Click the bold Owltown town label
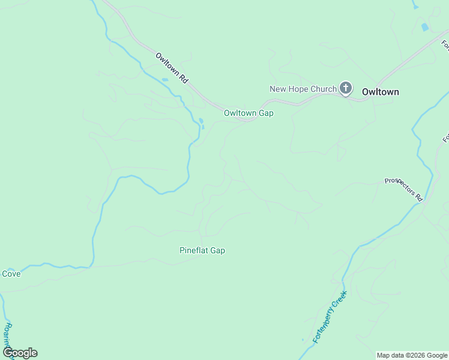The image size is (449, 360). (x=381, y=92)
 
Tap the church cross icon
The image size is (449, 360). (x=346, y=89)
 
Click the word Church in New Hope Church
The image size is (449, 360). (x=324, y=89)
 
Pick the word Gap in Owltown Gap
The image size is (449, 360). (x=267, y=113)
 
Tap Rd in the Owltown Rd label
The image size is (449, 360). (x=183, y=76)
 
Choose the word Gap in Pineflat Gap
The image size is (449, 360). (x=218, y=250)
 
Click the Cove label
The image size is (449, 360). (x=11, y=274)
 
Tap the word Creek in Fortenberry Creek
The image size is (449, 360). (x=342, y=298)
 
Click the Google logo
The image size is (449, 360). (x=20, y=353)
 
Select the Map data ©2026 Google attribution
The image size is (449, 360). (x=412, y=355)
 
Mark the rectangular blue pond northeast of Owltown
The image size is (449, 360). (x=425, y=27)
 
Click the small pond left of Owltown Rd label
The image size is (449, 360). (x=164, y=80)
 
